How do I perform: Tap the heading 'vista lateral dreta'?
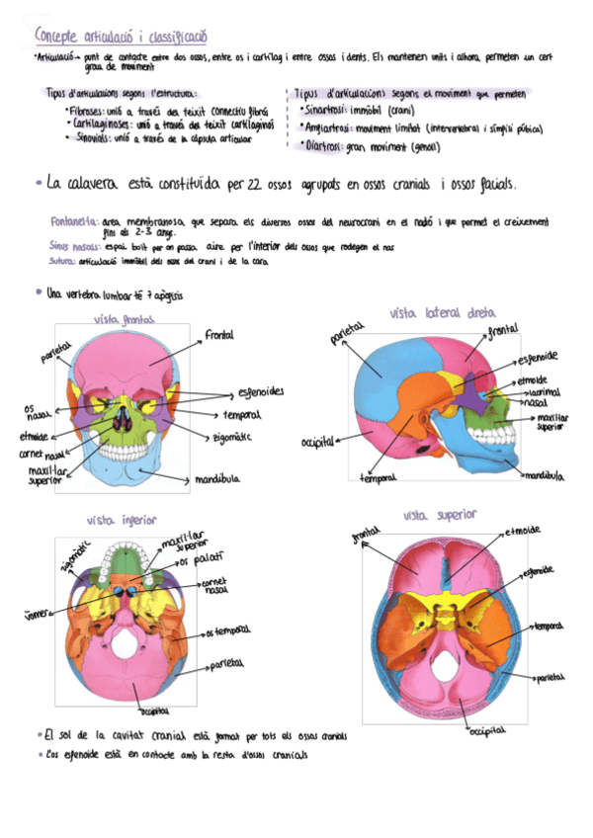442,312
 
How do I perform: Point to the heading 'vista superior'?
440,515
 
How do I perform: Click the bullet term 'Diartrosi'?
323,146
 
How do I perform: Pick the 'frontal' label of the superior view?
365,538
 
